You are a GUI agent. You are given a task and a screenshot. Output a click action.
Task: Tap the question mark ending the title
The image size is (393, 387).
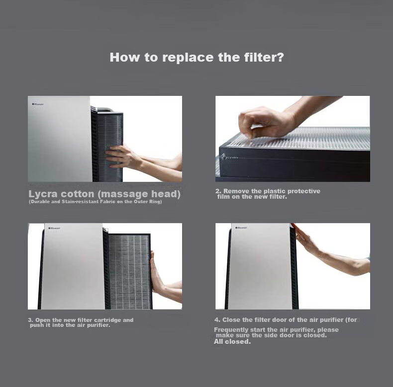click(281, 57)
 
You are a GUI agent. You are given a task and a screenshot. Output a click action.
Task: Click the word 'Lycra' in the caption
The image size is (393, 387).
click(43, 195)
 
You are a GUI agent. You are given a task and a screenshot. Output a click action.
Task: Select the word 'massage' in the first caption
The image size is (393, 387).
click(124, 195)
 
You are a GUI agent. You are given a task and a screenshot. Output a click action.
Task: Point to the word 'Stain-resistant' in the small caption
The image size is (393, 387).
click(80, 202)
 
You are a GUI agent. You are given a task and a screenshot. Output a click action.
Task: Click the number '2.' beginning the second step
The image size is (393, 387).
click(218, 191)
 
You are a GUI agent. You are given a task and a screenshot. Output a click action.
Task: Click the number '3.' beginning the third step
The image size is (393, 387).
click(30, 320)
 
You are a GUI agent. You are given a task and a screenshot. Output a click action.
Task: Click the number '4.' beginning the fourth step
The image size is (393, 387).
click(217, 319)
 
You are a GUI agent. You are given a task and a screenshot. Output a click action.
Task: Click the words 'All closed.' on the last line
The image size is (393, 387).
click(232, 342)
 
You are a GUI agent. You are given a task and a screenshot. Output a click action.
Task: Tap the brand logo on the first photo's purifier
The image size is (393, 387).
click(38, 104)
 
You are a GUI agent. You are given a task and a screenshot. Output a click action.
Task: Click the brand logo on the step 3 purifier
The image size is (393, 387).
click(54, 228)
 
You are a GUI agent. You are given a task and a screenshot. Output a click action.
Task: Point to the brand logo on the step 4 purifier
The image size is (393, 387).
click(241, 228)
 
